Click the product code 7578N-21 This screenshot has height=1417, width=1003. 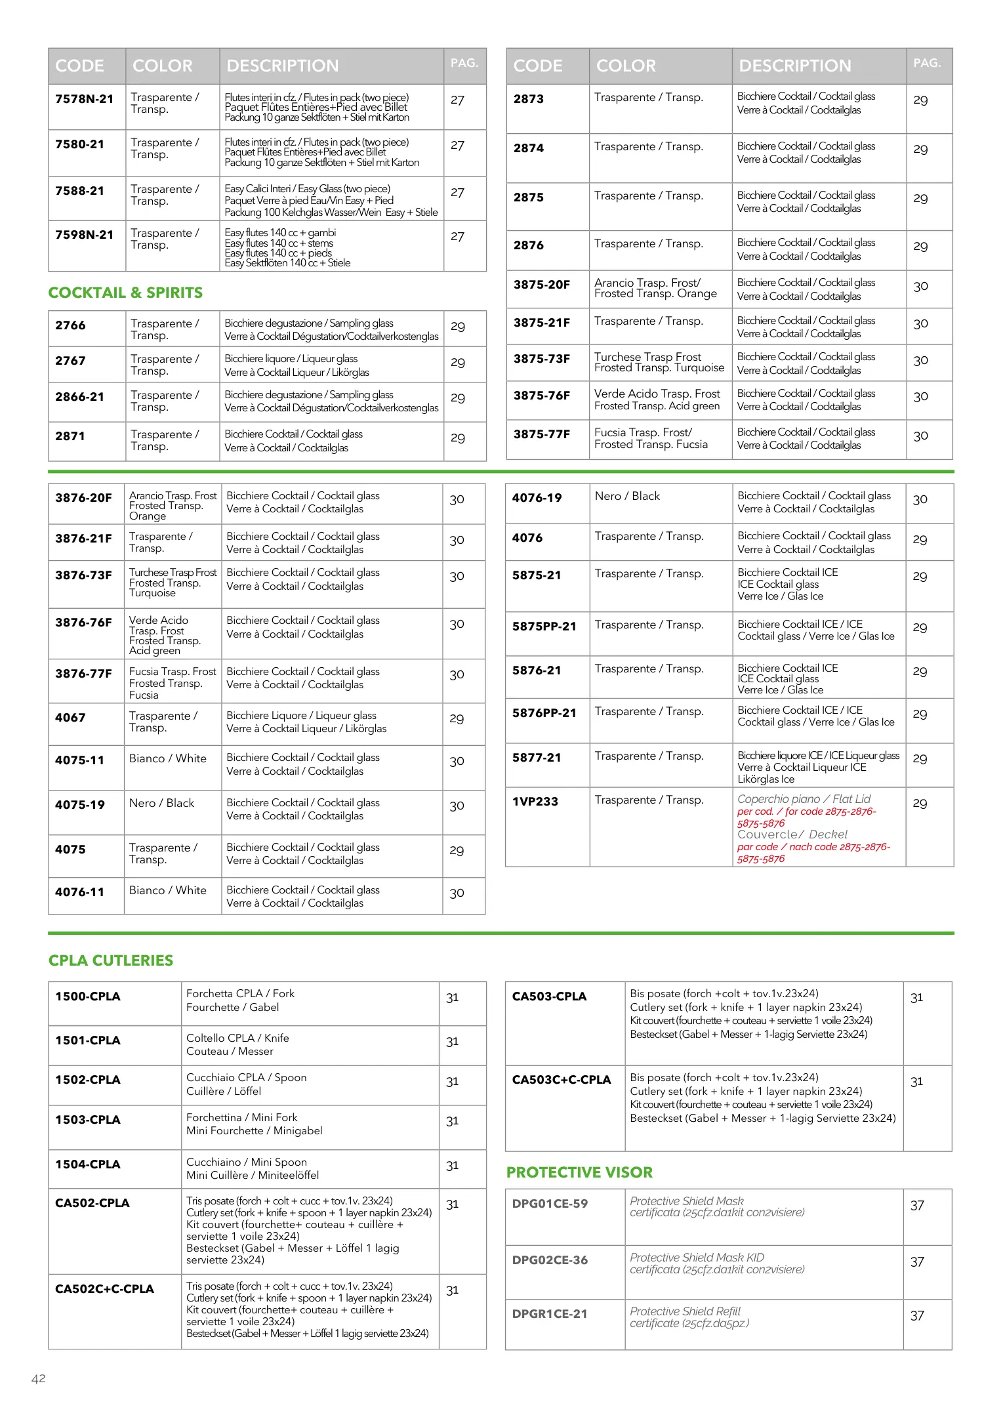click(84, 99)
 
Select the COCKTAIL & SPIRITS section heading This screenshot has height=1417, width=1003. click(125, 293)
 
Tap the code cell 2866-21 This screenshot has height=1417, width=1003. click(79, 397)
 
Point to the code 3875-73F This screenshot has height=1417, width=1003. click(541, 359)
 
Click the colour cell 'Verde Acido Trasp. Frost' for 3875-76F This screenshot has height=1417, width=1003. click(657, 394)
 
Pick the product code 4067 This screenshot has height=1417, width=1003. click(70, 718)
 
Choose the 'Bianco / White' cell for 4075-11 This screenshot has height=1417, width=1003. click(167, 758)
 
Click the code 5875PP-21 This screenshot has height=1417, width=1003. click(544, 626)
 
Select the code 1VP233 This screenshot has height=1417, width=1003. click(535, 802)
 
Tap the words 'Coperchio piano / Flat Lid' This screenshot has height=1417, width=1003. click(804, 799)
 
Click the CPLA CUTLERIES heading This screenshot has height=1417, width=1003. click(111, 960)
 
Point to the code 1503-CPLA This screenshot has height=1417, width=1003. click(87, 1120)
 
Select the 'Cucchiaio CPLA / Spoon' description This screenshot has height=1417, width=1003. click(246, 1077)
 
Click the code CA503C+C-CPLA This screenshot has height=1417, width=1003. click(561, 1080)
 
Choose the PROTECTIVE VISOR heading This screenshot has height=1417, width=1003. click(579, 1172)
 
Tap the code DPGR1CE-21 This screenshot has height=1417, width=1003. click(549, 1314)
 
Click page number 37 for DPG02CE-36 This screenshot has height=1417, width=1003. click(917, 1262)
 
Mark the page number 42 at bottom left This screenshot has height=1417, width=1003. click(39, 1378)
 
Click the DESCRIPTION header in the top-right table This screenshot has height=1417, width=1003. click(794, 66)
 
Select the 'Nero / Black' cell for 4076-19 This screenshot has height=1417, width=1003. click(627, 496)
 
